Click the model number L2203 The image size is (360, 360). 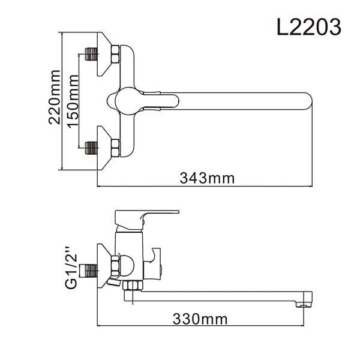click(309, 27)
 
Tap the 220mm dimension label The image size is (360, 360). click(55, 97)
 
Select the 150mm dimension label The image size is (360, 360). click(73, 101)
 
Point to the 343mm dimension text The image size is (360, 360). click(207, 178)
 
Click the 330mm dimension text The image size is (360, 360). click(200, 319)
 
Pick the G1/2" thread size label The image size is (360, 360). click(71, 268)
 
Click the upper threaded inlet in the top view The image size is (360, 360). click(91, 54)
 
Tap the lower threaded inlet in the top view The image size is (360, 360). click(91, 148)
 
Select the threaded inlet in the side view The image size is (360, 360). click(91, 271)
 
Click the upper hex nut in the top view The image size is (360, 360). click(115, 54)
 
